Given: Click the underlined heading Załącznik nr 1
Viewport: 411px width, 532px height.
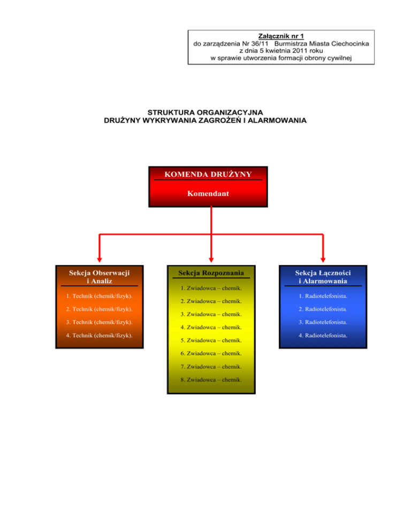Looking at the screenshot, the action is [x=281, y=35].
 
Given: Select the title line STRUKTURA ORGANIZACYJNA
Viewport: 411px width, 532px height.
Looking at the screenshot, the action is [x=205, y=112].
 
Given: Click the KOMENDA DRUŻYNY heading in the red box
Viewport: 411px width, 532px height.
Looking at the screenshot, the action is [x=208, y=174].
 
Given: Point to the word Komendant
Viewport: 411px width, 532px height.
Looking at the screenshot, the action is [x=208, y=194].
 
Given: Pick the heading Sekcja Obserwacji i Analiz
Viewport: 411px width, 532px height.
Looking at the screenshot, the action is [x=100, y=276].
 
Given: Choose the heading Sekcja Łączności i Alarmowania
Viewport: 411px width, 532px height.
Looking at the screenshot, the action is [x=323, y=276].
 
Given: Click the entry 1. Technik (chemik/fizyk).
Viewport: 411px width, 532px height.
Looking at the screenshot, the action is [x=100, y=295].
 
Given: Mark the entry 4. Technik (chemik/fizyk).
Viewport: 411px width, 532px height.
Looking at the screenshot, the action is [x=100, y=336].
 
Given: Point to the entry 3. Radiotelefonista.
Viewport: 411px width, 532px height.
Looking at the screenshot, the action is [x=323, y=322].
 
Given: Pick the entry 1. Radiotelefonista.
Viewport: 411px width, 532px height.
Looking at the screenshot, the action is [x=323, y=295].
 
